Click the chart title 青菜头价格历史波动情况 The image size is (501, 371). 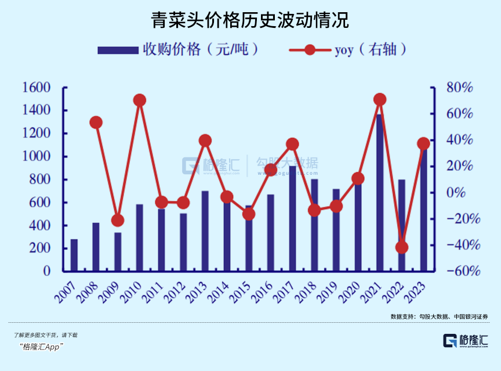coord(250,21)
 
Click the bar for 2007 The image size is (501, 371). coord(74,255)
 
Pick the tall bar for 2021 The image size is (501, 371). coord(380,192)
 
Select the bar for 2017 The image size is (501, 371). coord(292,218)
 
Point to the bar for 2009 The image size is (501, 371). coord(118,251)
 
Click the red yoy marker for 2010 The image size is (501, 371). coord(140,100)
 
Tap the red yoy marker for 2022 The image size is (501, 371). coord(402,247)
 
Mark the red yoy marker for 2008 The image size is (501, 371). coord(96,123)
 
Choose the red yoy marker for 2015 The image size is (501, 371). coord(249,214)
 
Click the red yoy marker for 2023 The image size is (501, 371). coord(424,144)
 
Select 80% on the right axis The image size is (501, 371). coord(459,88)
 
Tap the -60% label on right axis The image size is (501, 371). coord(458,271)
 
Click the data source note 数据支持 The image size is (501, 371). coord(440,316)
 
